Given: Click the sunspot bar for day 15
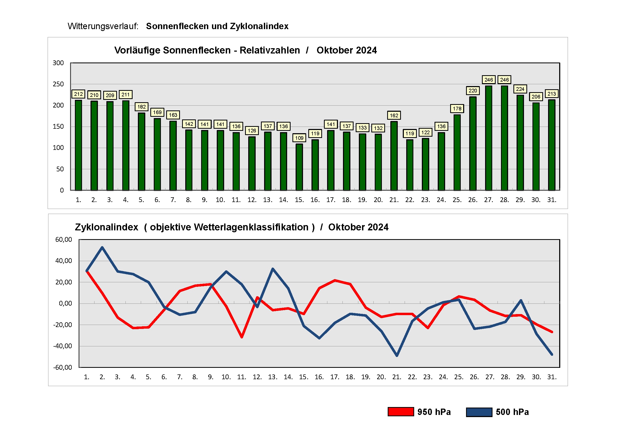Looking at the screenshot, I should click(x=299, y=167).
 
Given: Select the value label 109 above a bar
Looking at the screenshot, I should click(x=299, y=138).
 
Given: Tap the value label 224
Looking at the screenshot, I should click(x=520, y=89).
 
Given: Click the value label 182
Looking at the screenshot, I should click(x=141, y=107).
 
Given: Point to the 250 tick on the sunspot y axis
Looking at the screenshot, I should click(x=58, y=84).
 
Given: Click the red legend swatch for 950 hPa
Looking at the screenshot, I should click(x=400, y=412).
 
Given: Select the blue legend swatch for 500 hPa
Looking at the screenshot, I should click(x=479, y=412).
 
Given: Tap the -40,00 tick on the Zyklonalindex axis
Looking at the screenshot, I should click(x=62, y=346).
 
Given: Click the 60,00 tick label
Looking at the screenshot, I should click(x=64, y=239).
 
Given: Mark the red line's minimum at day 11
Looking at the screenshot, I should click(x=242, y=337).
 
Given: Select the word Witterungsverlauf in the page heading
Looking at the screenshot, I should click(x=103, y=26).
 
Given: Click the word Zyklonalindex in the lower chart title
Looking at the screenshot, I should click(x=106, y=227).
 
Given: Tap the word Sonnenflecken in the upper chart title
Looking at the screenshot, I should click(x=197, y=50).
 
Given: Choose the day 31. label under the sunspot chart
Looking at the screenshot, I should click(x=552, y=200).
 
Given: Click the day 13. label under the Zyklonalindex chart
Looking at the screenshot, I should click(x=273, y=377).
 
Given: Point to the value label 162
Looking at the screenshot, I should click(x=394, y=115).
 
